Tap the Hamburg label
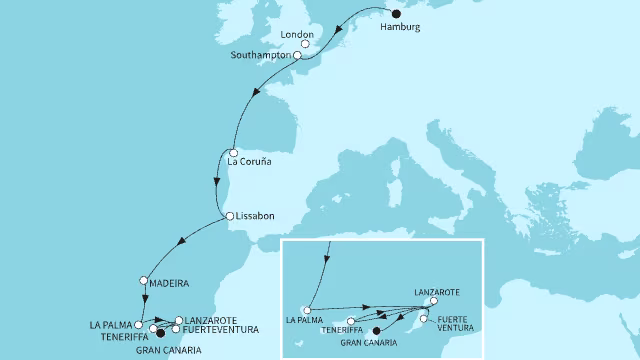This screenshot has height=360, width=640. tap(401, 27)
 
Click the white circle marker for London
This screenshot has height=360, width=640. tap(305, 44)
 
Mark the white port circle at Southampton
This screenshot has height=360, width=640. tap(297, 56)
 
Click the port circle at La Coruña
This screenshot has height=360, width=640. tap(232, 152)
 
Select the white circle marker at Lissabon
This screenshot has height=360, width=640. tap(229, 216)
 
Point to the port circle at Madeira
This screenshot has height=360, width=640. tap(145, 281)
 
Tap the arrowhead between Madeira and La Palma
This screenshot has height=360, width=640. tap(146, 297)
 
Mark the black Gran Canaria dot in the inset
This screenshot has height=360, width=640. tap(376, 331)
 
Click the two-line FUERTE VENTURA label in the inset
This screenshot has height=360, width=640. tap(458, 324)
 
